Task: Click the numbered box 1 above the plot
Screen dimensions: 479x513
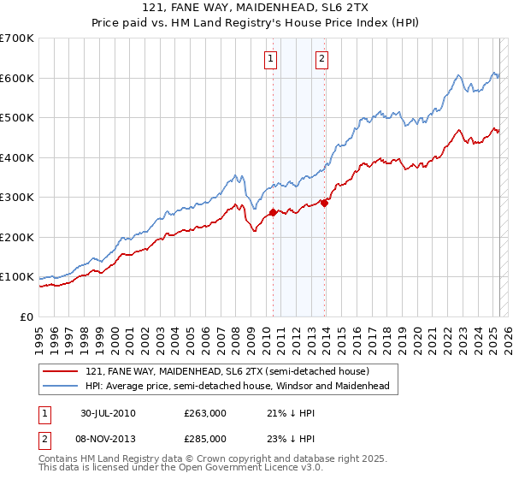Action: pyautogui.click(x=270, y=59)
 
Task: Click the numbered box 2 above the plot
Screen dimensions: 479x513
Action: pyautogui.click(x=321, y=59)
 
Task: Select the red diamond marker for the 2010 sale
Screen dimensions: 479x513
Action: pyautogui.click(x=273, y=212)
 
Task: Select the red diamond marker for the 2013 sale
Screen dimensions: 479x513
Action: pyautogui.click(x=325, y=204)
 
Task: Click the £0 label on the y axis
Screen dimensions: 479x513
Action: pyautogui.click(x=25, y=316)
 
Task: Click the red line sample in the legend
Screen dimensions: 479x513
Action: pyautogui.click(x=61, y=371)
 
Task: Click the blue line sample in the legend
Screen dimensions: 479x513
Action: pyautogui.click(x=61, y=386)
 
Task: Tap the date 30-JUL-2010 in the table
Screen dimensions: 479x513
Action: pyautogui.click(x=108, y=413)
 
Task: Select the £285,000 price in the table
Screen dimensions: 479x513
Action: pyautogui.click(x=205, y=439)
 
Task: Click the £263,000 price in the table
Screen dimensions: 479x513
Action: pyautogui.click(x=205, y=413)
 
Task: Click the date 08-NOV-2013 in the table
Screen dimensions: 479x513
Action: pyautogui.click(x=108, y=439)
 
